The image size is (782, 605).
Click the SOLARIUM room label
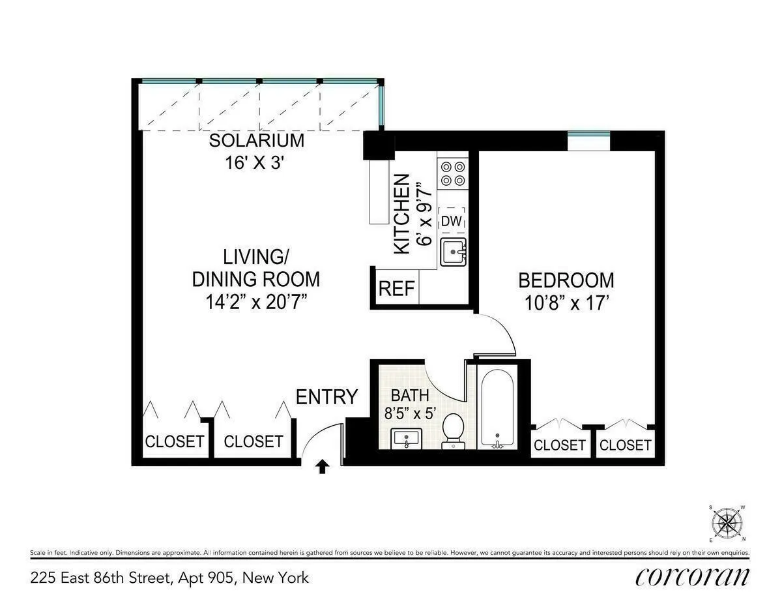[x=256, y=141]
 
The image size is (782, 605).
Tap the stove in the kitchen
[x=453, y=173]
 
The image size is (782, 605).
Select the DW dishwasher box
[x=452, y=221]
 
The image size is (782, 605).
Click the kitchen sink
[x=454, y=252]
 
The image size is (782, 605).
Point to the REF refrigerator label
[x=396, y=289]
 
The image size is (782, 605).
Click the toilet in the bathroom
[x=452, y=431]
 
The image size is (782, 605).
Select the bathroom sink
[x=407, y=439]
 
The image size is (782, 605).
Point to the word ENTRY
[x=326, y=397]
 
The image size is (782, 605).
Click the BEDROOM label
[x=566, y=281]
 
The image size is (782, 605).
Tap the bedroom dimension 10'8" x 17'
[x=566, y=304]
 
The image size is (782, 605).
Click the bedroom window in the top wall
[x=588, y=135]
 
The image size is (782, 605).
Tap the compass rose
[x=727, y=523]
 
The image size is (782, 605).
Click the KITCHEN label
[x=402, y=213]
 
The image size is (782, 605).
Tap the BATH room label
[x=410, y=395]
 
